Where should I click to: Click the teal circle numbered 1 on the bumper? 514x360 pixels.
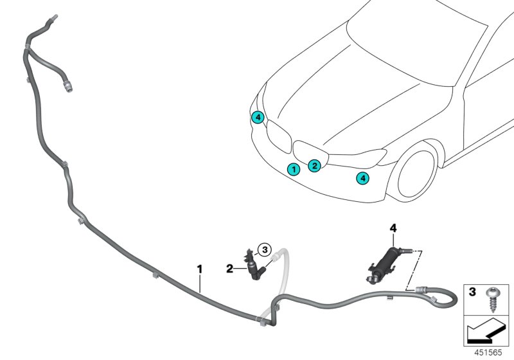(293, 170)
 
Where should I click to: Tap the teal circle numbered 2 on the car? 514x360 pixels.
(314, 166)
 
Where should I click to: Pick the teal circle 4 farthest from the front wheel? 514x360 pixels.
(257, 117)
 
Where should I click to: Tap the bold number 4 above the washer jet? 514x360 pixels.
(393, 228)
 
